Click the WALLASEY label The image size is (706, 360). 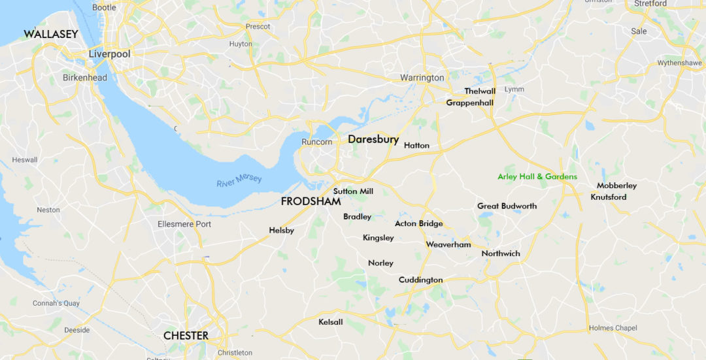pos(51,34)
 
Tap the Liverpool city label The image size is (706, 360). pos(110,54)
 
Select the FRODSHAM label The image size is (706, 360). pos(311,201)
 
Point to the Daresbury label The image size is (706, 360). pos(373,140)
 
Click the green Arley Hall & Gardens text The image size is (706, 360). pos(537,176)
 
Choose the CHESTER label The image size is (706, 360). pos(186,336)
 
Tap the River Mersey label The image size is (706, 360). pos(239,177)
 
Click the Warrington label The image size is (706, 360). pos(422,78)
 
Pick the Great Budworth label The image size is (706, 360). pos(507,206)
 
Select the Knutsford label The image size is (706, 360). pos(608,197)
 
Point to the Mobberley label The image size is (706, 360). pos(616,186)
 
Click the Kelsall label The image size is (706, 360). pos(330,322)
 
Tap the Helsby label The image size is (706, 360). pos(281,231)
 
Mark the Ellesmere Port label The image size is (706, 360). pos(184,224)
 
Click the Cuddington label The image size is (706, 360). pos(420,280)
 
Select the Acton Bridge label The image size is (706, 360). pos(418,223)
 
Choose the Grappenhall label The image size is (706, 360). pos(469,103)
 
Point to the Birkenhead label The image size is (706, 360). pos(84,78)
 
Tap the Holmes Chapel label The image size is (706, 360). pos(613,328)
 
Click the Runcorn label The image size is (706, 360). pos(316,142)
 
